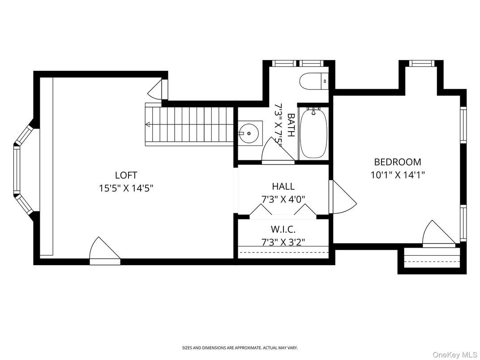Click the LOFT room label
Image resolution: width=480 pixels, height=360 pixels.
(126, 175)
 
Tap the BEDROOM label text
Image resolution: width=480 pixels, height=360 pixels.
(398, 162)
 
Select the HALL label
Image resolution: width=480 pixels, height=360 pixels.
(283, 186)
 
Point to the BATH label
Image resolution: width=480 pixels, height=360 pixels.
(291, 125)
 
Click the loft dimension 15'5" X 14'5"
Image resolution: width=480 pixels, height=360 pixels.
(126, 188)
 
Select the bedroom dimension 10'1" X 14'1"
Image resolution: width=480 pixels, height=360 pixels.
(398, 175)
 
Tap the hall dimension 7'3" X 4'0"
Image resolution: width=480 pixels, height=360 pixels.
(283, 199)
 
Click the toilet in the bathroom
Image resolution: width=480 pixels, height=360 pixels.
(314, 81)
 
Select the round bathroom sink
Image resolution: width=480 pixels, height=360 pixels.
(249, 133)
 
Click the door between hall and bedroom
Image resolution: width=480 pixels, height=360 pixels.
(343, 197)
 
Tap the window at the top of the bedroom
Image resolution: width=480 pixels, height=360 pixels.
(422, 63)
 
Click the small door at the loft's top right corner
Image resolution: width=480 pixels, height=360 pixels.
(158, 89)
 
